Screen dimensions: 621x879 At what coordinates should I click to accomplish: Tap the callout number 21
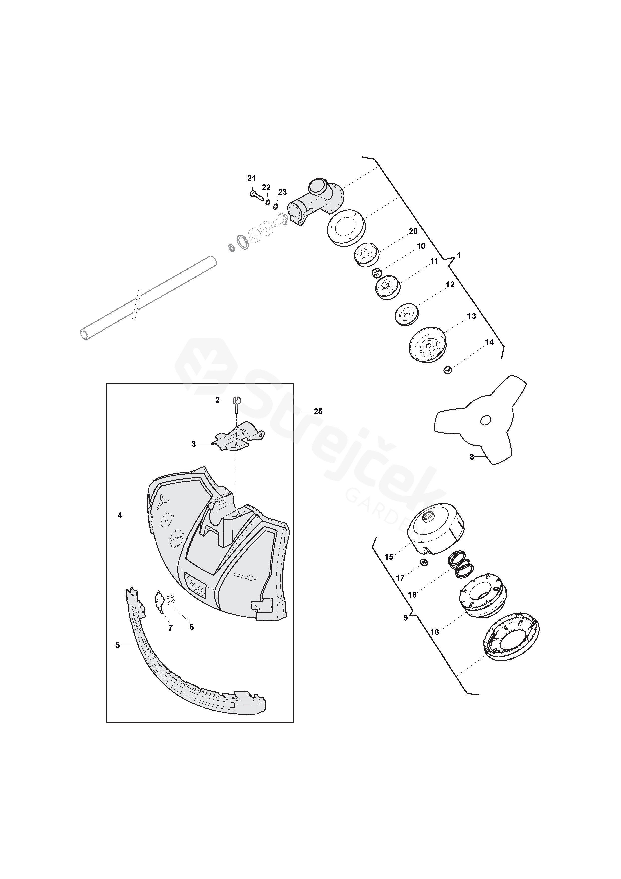(251, 178)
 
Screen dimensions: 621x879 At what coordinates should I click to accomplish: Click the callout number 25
(318, 411)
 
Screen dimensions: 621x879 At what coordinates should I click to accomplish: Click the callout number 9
(406, 618)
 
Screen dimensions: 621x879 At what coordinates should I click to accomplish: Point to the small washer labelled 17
(424, 562)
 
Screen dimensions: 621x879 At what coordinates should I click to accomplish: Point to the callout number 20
(413, 231)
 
